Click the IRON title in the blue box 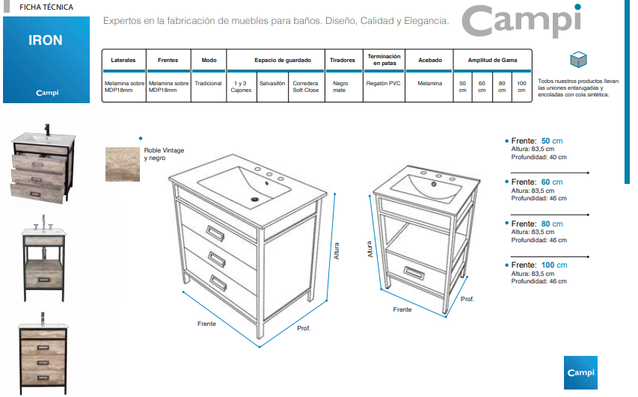click(x=45, y=40)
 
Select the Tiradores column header click(x=343, y=61)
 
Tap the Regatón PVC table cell click(x=383, y=84)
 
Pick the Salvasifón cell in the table click(x=272, y=84)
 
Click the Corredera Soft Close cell click(x=306, y=87)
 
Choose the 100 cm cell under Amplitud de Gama click(x=521, y=87)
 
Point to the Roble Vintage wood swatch click(x=123, y=164)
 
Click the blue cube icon click(x=578, y=59)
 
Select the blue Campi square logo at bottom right click(x=580, y=372)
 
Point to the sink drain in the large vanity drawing click(x=255, y=200)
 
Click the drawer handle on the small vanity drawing click(x=414, y=273)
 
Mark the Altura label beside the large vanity click(x=337, y=251)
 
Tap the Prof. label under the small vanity click(x=467, y=299)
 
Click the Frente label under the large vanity click(x=206, y=324)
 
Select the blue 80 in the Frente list click(x=546, y=224)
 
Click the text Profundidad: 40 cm click(x=539, y=157)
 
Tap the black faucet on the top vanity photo click(x=47, y=129)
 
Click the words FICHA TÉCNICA click(x=46, y=7)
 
